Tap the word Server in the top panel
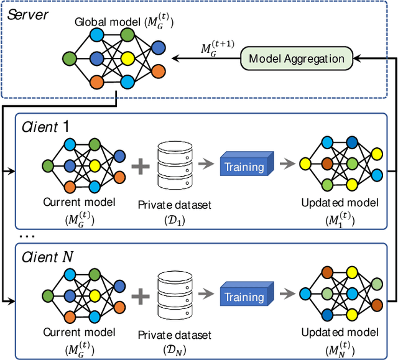click(x=27, y=14)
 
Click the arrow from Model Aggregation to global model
click(x=205, y=59)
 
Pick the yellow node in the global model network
click(x=128, y=59)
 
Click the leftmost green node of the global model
click(x=69, y=59)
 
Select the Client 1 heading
click(x=47, y=126)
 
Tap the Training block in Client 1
click(x=245, y=166)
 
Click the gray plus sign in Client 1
click(x=141, y=167)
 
